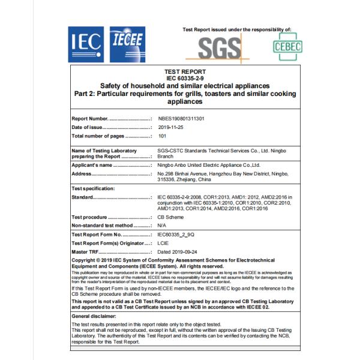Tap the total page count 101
pyautogui.click(x=161, y=136)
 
